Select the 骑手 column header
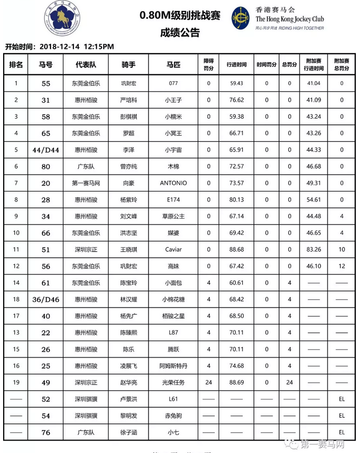coord(128,65)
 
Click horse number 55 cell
coord(46,83)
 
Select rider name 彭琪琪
coord(128,117)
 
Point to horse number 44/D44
coord(46,150)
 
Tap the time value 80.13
coord(236,199)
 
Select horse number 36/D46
coord(46,299)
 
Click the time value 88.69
coord(236,383)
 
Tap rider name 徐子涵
coord(128,432)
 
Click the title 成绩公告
coord(180,32)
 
